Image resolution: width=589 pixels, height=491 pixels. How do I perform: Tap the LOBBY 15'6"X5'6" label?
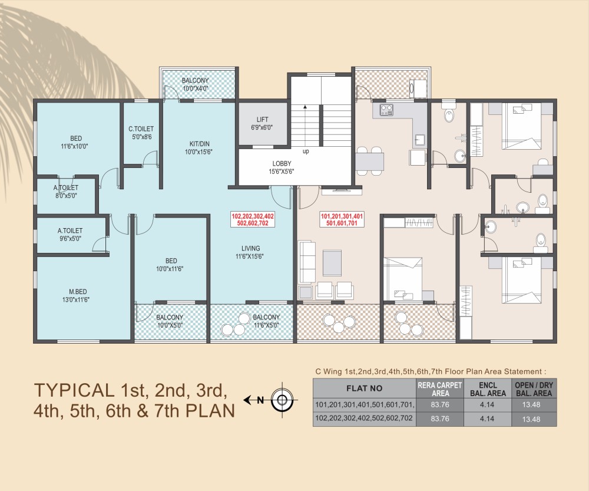tap(282, 167)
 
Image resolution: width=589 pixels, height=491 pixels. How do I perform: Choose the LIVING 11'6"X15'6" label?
tap(250, 252)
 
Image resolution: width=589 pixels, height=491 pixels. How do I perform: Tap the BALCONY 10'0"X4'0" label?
tap(195, 85)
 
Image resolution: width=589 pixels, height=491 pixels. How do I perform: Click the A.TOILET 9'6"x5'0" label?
tap(70, 234)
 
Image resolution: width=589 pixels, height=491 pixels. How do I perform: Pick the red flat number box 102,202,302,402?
tap(253, 219)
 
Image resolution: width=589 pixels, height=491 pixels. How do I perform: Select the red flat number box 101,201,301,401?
tap(342, 219)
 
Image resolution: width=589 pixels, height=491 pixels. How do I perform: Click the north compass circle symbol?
tap(282, 400)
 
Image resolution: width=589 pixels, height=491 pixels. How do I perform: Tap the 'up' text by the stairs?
tap(306, 151)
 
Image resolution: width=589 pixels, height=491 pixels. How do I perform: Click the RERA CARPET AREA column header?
tap(439, 389)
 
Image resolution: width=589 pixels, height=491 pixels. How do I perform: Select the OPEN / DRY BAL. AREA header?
tap(534, 389)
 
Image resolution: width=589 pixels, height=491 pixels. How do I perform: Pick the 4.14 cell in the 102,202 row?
tap(487, 419)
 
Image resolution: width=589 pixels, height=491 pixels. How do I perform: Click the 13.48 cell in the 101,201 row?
tap(531, 405)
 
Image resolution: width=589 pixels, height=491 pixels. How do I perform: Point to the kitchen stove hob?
tap(386, 110)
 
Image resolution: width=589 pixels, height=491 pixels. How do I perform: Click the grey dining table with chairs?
tap(369, 161)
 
